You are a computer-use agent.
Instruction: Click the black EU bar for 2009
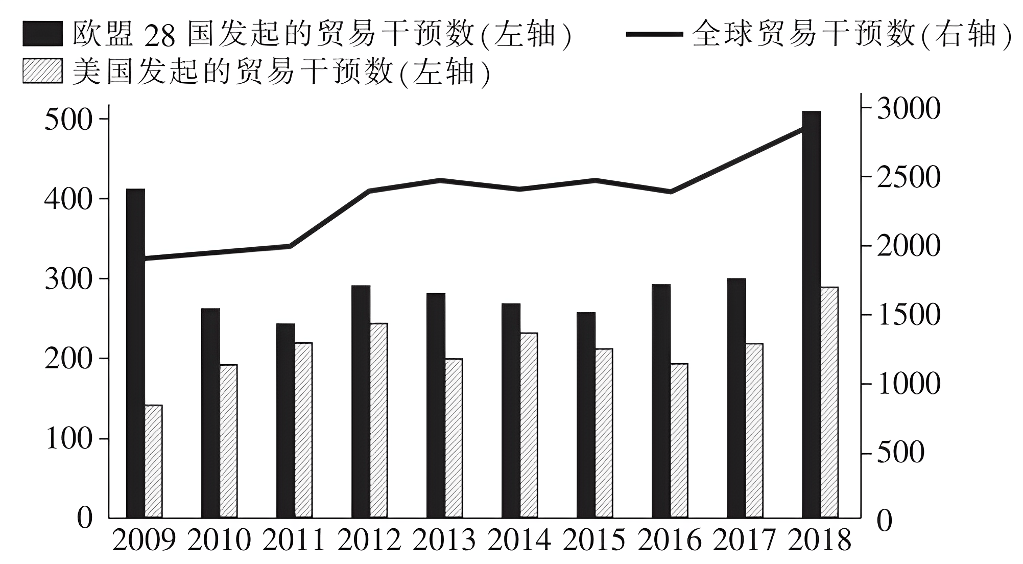pyautogui.click(x=135, y=353)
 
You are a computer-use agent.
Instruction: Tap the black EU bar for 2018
pyautogui.click(x=811, y=314)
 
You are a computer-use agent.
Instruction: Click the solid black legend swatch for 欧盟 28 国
pyautogui.click(x=42, y=34)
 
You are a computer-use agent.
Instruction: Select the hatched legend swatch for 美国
pyautogui.click(x=42, y=70)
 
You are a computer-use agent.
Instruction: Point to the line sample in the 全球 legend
pyautogui.click(x=654, y=34)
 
